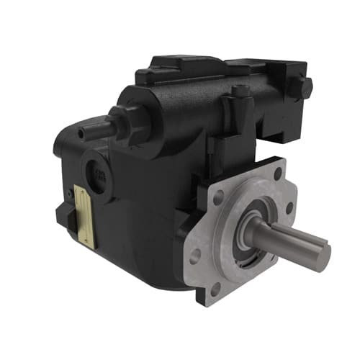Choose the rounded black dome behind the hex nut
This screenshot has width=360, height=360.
148,108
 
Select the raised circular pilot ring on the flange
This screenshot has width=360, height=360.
238,238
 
